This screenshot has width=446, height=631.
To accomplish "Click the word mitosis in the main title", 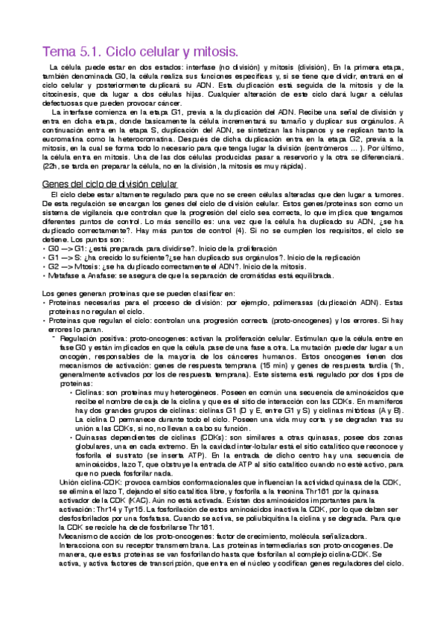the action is click(x=214, y=52).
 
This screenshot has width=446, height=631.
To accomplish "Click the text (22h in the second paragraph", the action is click(x=51, y=167).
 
